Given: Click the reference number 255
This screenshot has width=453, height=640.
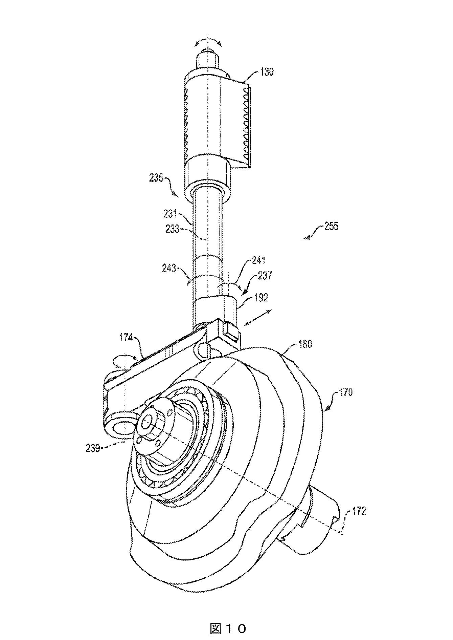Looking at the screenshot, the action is (331, 226).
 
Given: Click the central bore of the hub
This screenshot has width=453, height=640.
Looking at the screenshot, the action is (148, 422).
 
